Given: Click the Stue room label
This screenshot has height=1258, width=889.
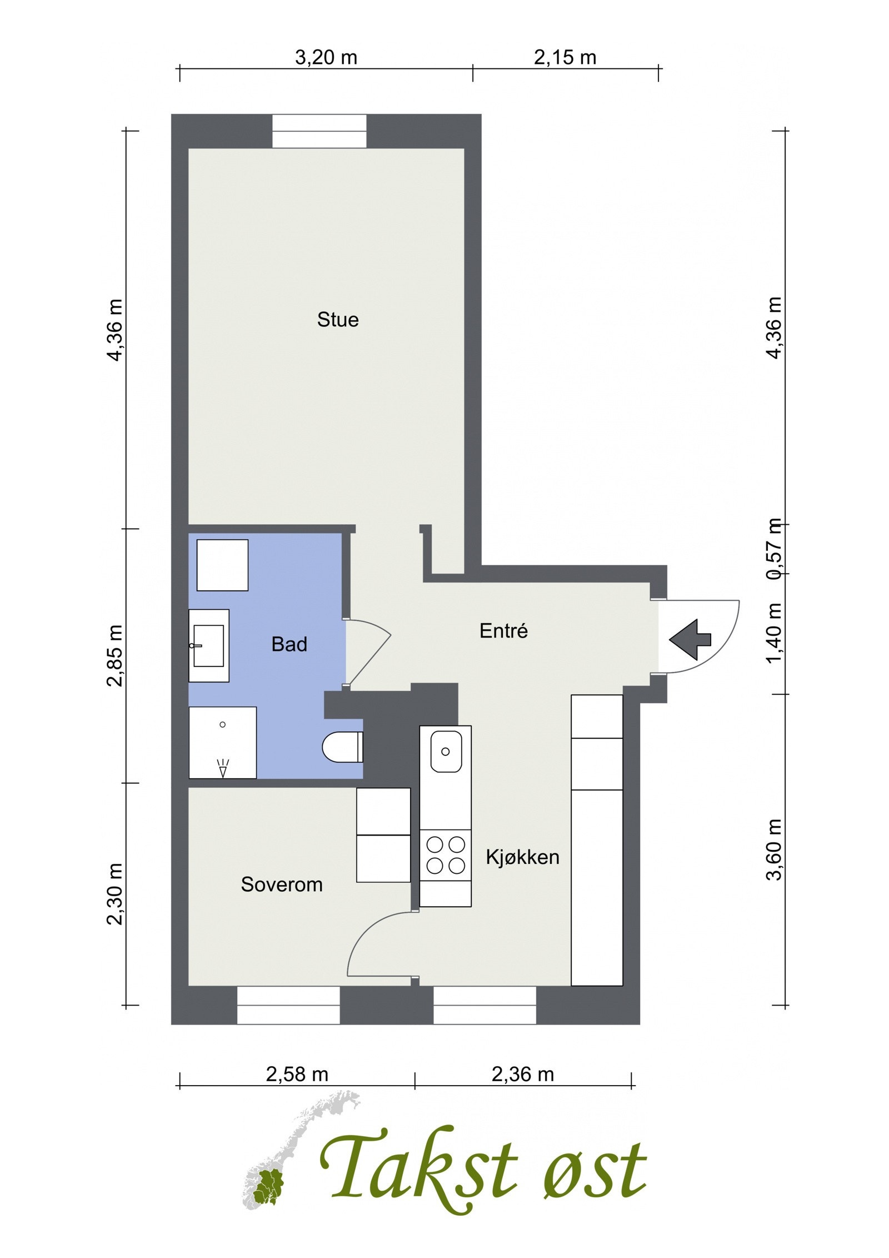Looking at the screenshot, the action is point(338,320).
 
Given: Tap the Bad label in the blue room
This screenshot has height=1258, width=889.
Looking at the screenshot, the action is point(289,644).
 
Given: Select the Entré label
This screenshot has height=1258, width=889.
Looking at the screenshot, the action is point(503,630).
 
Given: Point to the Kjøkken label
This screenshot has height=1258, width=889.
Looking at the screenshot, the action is point(522,857).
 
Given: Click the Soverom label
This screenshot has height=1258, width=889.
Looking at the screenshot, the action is point(282,884).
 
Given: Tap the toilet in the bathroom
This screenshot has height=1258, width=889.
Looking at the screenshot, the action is point(342,747).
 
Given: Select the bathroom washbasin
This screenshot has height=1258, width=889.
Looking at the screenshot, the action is point(209,645).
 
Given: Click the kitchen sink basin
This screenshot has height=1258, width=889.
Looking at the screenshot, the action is point(446,752).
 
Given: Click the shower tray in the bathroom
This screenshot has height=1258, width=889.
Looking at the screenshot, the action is point(223,743).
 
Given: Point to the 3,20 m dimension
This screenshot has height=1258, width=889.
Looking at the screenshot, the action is point(326,57).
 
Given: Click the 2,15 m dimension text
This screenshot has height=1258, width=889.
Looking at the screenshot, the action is point(565,57).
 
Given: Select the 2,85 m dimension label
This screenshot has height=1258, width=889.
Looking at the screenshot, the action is point(114,656).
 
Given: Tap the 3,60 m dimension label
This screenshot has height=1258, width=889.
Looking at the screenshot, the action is point(774,850).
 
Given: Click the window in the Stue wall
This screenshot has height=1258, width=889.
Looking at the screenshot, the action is point(319,131).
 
